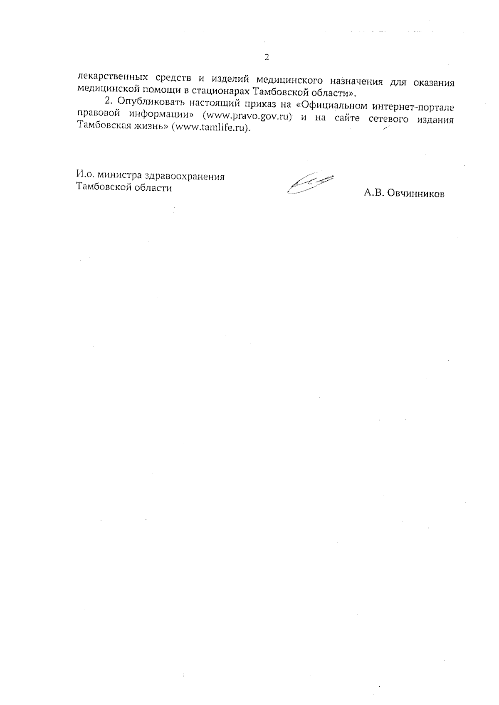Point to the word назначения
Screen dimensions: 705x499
tap(357, 80)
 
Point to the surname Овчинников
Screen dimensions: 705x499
tap(416, 194)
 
